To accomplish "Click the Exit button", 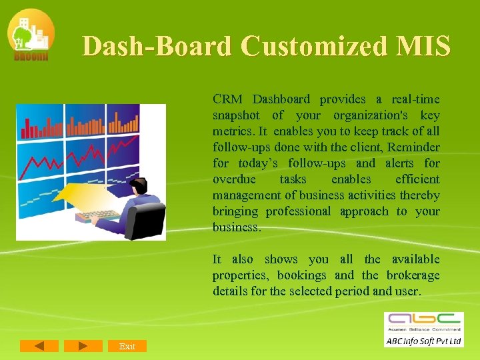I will pyautogui.click(x=127, y=346).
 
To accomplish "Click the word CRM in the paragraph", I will pyautogui.click(x=227, y=99).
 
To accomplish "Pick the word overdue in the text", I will pyautogui.click(x=234, y=179).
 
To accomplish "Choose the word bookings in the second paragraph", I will pyautogui.click(x=301, y=275).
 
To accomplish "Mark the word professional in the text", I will pyautogui.click(x=298, y=211).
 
